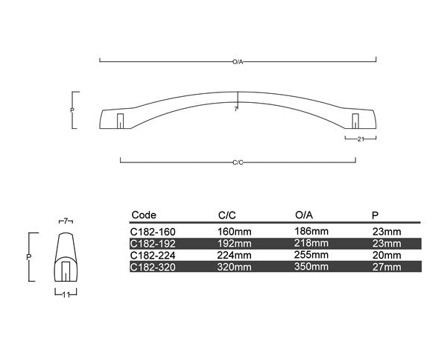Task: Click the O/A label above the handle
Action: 238,60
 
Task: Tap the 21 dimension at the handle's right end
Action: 360,139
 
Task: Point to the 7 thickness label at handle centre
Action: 236,109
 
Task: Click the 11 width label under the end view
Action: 66,294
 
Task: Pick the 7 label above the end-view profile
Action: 66,221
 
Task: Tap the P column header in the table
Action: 375,215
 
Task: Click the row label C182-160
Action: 152,232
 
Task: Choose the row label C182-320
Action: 152,265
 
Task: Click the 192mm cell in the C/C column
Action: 235,243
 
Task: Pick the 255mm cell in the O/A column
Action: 311,254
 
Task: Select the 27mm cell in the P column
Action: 386,265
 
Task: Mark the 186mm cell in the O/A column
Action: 311,232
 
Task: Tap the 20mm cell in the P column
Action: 386,254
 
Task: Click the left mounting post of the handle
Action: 119,120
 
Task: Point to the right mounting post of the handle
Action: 355,120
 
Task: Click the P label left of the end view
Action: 29,256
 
